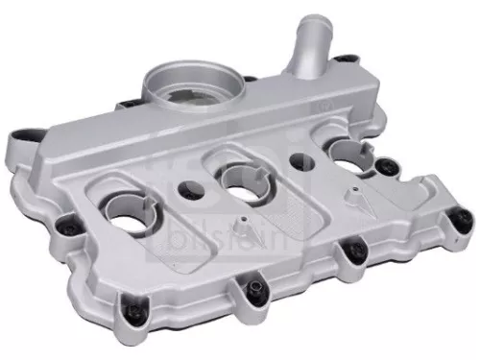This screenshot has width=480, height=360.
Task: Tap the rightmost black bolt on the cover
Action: (x=444, y=217)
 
